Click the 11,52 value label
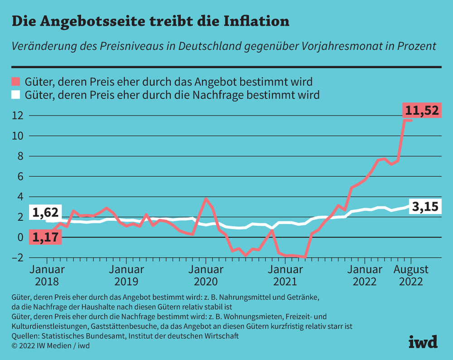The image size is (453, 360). coord(422,110)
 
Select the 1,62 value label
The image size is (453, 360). coord(46,212)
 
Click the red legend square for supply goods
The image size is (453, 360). coord(16,82)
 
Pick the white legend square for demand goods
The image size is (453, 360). coord(16,95)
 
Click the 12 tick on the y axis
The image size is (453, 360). coord(17,116)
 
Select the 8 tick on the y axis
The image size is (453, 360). coord(18,156)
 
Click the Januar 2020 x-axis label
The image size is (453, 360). coord(205,275)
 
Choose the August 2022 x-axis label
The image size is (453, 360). coord(411,275)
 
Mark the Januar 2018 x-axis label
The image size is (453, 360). coord(47,275)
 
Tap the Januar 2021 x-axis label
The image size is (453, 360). coord(285,275)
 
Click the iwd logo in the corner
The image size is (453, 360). coord(423,341)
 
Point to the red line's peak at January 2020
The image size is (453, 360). coord(206,198)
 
